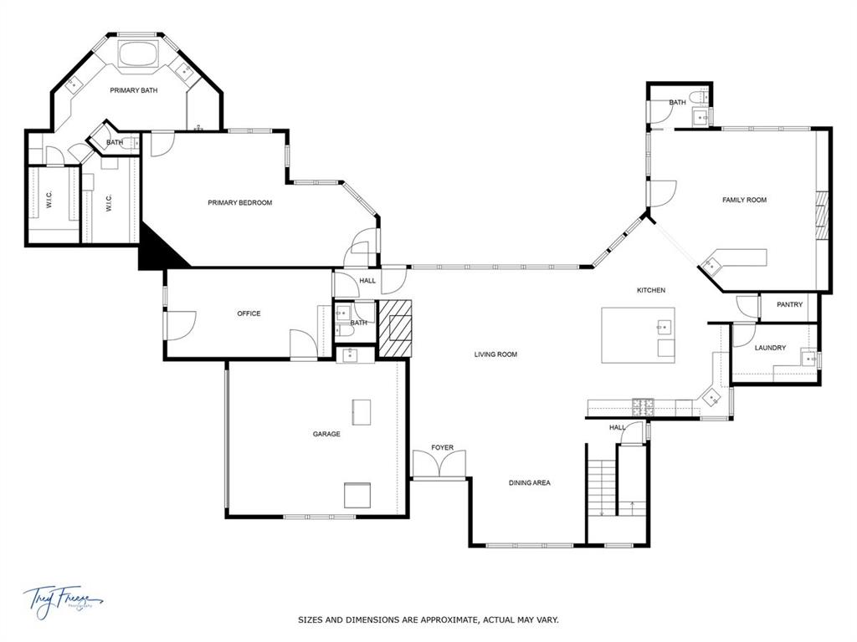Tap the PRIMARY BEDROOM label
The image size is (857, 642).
click(240, 202)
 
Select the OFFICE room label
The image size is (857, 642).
click(249, 313)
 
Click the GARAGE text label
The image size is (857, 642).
click(326, 434)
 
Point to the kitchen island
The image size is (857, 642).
click(638, 335)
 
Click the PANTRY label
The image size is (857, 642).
click(789, 304)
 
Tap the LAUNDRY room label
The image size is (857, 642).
click(770, 348)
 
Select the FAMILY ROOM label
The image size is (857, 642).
click(744, 200)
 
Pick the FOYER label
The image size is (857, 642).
click(442, 447)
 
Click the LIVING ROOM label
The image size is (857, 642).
click(495, 354)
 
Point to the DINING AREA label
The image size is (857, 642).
click(530, 482)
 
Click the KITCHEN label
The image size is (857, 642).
click(651, 290)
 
